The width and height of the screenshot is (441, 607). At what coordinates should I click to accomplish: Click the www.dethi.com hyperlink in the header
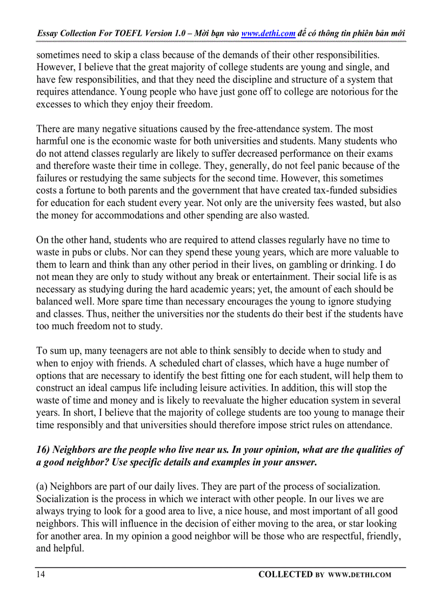click(x=268, y=34)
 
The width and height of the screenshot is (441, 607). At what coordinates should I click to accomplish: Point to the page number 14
click(x=41, y=575)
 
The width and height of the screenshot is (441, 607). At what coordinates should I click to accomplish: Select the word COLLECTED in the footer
click(x=285, y=575)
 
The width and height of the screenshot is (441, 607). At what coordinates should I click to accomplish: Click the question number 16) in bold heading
click(x=43, y=450)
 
